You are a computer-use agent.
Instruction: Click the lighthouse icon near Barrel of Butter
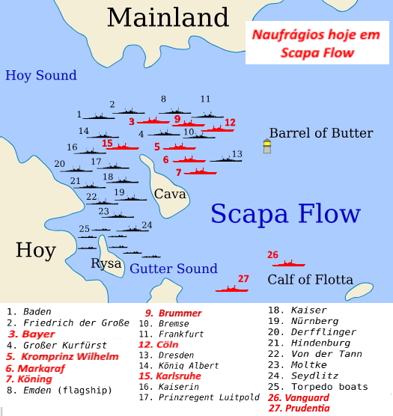(266, 146)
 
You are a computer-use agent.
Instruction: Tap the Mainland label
(167, 16)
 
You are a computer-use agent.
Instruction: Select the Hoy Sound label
(41, 75)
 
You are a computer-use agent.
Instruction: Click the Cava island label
(170, 195)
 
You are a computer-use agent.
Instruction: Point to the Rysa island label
(106, 263)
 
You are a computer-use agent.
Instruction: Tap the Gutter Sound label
(174, 269)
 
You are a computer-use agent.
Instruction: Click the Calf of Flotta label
(310, 280)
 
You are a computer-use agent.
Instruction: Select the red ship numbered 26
(288, 263)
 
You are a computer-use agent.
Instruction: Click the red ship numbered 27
(232, 288)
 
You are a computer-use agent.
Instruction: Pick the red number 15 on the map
(107, 143)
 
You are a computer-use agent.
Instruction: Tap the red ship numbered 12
(217, 129)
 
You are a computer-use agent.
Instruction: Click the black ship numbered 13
(225, 159)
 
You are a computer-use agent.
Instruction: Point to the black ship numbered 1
(97, 117)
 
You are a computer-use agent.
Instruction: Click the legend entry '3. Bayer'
(31, 334)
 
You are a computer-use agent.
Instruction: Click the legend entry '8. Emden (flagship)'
(58, 389)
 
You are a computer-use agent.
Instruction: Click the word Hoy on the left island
(36, 250)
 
